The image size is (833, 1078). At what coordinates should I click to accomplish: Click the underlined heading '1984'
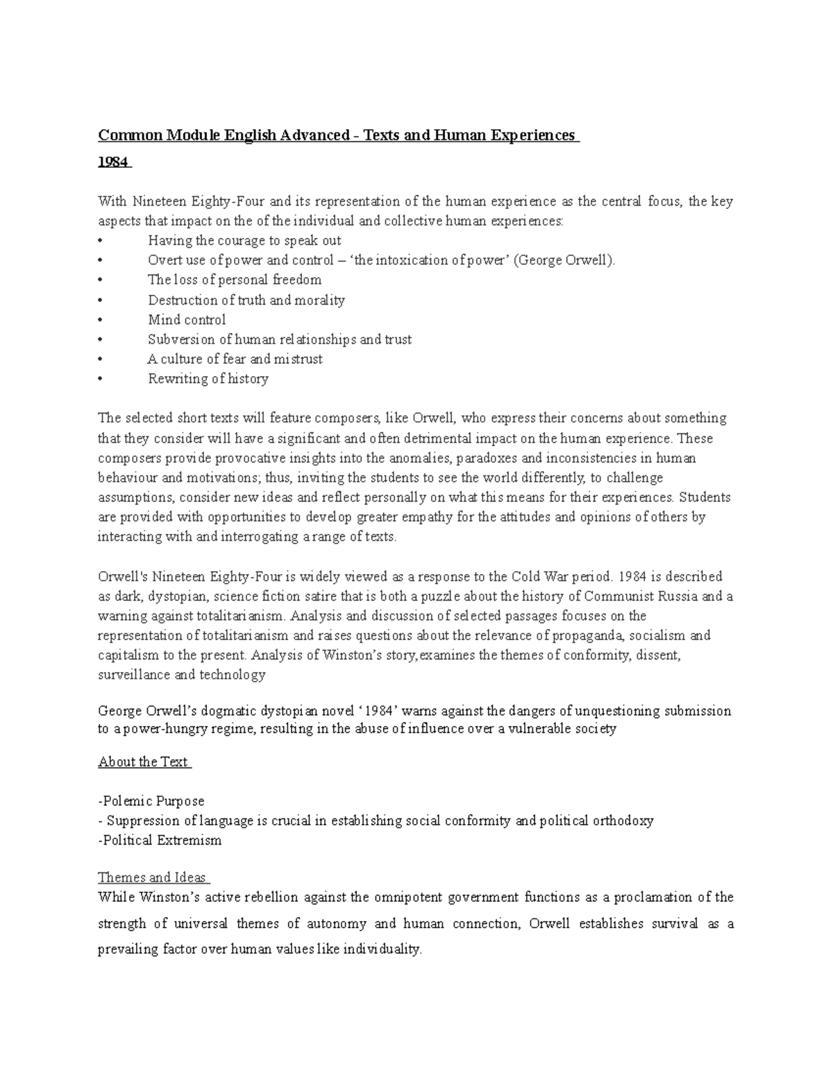113,162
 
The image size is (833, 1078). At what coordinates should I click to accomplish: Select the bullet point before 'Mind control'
101,320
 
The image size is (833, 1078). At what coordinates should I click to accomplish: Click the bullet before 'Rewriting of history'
101,379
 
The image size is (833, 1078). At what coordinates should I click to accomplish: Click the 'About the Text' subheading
144,761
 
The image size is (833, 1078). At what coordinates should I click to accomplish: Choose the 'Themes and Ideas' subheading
153,877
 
